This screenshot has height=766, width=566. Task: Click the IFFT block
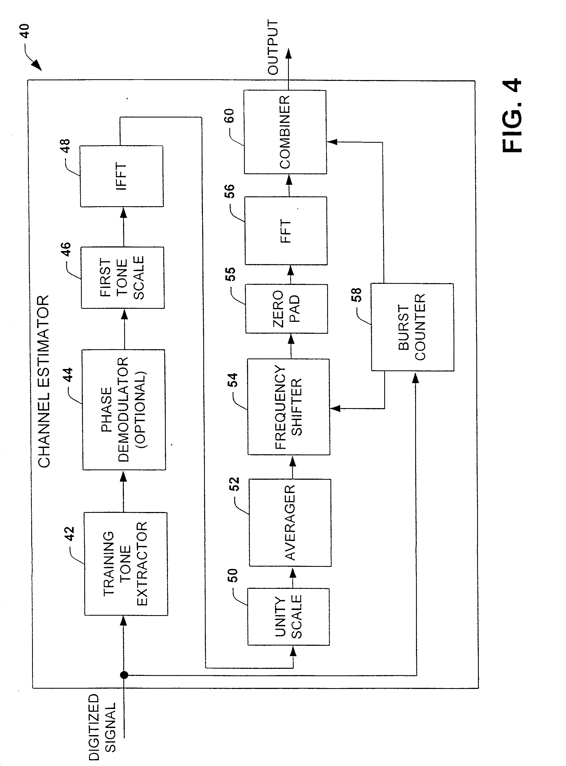(122, 176)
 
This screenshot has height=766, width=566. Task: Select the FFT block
(286, 231)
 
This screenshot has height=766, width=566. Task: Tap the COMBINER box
(285, 132)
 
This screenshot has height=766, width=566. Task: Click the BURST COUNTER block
(412, 327)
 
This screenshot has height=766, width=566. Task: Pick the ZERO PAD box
(286, 309)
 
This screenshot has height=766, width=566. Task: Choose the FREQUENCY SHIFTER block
(289, 407)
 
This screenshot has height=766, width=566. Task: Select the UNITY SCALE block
(289, 616)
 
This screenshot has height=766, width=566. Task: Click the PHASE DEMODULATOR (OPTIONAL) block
(124, 409)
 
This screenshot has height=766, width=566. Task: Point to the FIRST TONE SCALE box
(122, 278)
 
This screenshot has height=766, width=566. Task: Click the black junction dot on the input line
(124, 675)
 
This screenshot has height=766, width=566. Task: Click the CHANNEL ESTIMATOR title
(43, 381)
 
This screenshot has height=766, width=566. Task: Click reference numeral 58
(356, 295)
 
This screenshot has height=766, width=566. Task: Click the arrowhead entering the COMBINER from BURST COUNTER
(332, 142)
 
